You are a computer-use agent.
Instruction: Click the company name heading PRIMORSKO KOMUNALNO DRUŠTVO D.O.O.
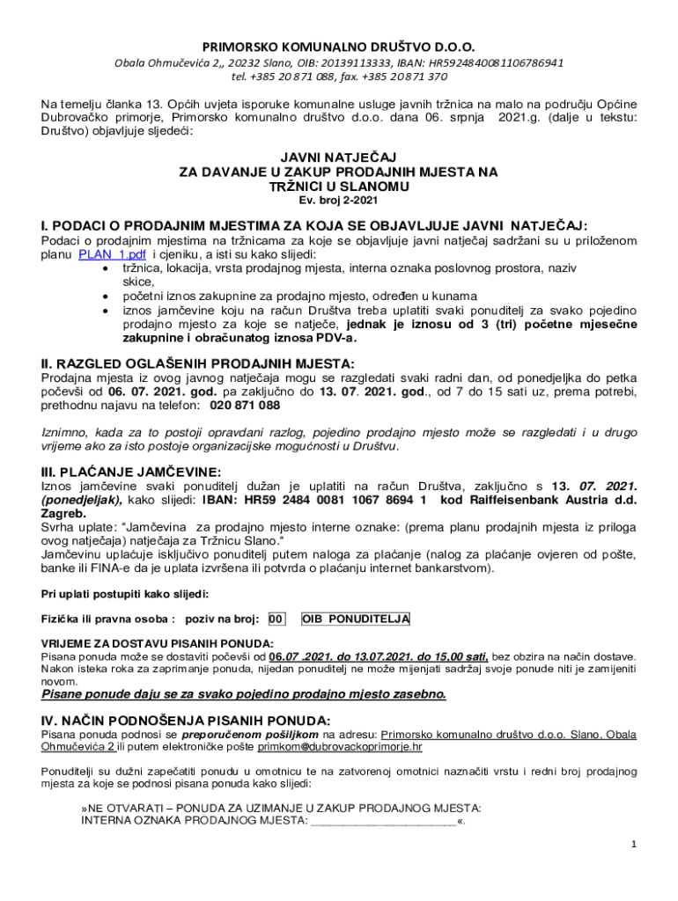(x=339, y=47)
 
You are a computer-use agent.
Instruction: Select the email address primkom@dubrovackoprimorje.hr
(x=339, y=747)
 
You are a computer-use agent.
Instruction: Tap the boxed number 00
(x=276, y=619)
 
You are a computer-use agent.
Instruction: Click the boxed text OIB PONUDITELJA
(x=356, y=619)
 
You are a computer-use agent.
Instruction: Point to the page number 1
(x=633, y=845)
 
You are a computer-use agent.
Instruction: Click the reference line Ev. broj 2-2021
(x=339, y=201)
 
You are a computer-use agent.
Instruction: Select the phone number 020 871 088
(x=245, y=406)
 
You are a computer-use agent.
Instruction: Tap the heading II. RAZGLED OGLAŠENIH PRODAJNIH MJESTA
(x=198, y=363)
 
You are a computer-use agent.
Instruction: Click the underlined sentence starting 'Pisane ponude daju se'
(x=244, y=694)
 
